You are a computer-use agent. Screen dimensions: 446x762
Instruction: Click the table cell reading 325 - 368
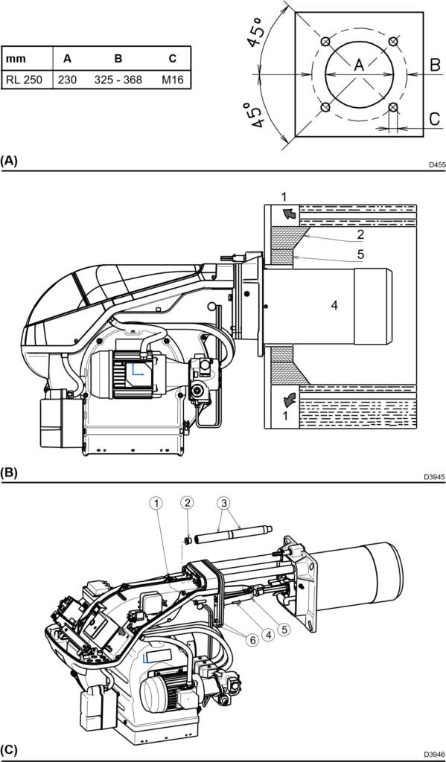pos(118,80)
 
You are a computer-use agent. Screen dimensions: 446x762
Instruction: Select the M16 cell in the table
pos(173,80)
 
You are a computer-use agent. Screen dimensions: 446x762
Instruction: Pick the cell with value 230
pos(67,80)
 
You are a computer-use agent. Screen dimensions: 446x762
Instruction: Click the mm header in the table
pos(16,60)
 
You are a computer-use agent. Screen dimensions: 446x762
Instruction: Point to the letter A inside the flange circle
pos(358,65)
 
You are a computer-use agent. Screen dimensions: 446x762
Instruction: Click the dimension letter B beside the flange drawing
pos(436,64)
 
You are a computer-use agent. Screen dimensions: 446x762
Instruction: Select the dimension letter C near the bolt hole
pos(436,118)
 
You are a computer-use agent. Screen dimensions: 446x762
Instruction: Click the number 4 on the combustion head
pos(334,305)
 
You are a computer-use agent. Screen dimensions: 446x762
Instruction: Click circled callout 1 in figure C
pos(156,504)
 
